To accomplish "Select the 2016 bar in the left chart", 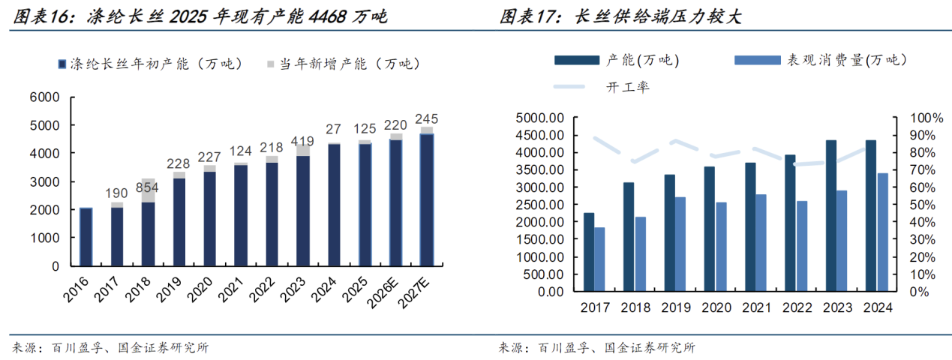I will pyautogui.click(x=86, y=236).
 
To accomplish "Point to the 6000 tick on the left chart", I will pyautogui.click(x=44, y=97).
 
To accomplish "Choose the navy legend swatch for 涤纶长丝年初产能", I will pyautogui.click(x=61, y=64).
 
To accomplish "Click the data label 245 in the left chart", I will pyautogui.click(x=426, y=118).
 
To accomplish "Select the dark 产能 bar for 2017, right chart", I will pyautogui.click(x=589, y=252).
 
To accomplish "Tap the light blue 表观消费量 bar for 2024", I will pyautogui.click(x=883, y=232).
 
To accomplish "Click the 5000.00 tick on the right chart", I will pyautogui.click(x=539, y=118).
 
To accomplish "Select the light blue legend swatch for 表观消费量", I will pyautogui.click(x=757, y=60).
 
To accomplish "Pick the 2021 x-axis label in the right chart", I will pyautogui.click(x=755, y=307).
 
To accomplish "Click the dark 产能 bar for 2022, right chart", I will pyautogui.click(x=790, y=223).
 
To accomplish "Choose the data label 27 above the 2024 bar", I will pyautogui.click(x=333, y=129).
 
